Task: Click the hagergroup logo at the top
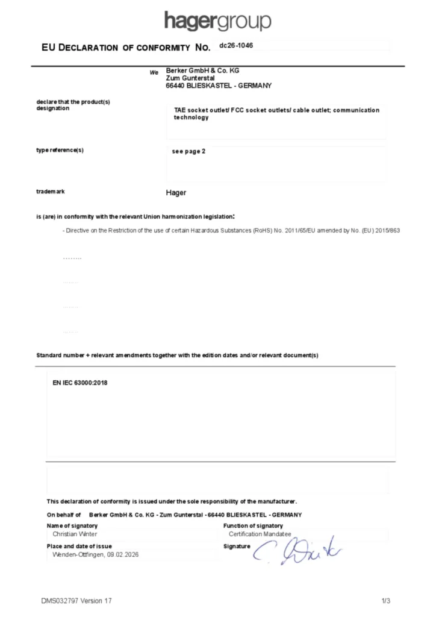point(217,21)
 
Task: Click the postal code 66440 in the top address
point(175,86)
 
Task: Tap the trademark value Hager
point(176,193)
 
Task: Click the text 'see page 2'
point(189,151)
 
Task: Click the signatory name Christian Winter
point(75,534)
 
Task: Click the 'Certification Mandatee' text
point(260,534)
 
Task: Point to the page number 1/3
point(386,601)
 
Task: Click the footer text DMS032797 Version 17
point(76,601)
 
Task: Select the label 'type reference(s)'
point(60,150)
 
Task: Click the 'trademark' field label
point(51,192)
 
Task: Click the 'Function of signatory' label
point(253,526)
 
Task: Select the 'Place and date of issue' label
point(79,546)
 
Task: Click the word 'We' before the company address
point(154,72)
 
